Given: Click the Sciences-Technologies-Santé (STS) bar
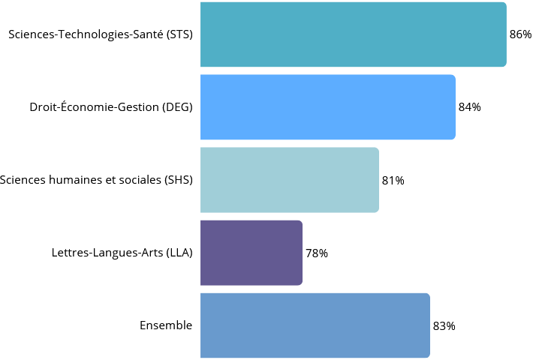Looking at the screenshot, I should [x=353, y=34].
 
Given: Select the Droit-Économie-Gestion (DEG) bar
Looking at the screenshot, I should [x=327, y=107].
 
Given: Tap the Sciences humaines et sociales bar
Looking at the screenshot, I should [x=289, y=180].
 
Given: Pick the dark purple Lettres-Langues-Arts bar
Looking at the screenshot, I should [x=251, y=253].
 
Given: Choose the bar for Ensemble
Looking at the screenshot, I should [x=315, y=325].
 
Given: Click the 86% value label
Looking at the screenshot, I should [x=520, y=34].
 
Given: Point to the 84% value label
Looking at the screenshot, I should [x=469, y=107].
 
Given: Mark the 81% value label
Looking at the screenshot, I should [x=393, y=181].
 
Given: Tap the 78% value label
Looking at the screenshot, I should [x=316, y=253].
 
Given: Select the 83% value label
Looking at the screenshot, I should [x=444, y=326].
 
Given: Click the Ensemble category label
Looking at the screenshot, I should [x=166, y=325].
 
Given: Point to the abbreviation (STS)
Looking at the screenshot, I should [x=179, y=34].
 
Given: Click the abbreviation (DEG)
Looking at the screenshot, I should [x=177, y=107].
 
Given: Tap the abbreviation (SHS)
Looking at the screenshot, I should [x=178, y=180].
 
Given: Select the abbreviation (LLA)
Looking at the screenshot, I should [x=179, y=253].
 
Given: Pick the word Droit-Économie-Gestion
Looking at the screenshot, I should [x=94, y=107].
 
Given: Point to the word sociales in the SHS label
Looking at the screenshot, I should [x=137, y=180].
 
